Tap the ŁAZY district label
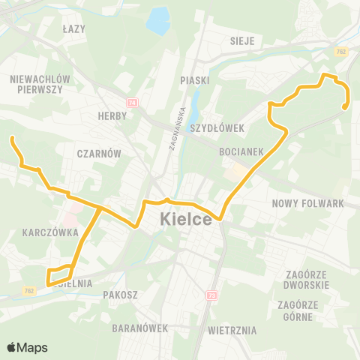tap(75, 28)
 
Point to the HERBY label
tap(113, 116)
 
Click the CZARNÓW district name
tap(99, 153)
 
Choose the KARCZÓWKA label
tap(51, 232)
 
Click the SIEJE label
tap(243, 40)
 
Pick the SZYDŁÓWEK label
tap(217, 128)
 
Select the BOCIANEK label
tap(241, 151)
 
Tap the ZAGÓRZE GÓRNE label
tap(299, 310)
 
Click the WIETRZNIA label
tap(232, 330)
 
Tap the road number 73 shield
tap(211, 295)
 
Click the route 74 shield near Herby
tap(133, 103)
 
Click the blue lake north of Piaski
tap(158, 23)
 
